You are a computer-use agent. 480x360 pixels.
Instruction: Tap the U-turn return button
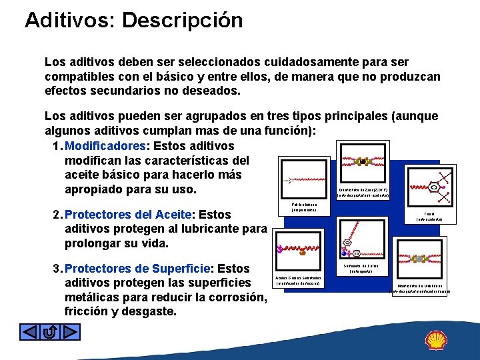coord(50,332)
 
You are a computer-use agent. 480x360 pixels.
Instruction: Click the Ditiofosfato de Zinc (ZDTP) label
coord(364,191)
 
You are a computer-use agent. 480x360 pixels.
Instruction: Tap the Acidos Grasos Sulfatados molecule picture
coord(297,251)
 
